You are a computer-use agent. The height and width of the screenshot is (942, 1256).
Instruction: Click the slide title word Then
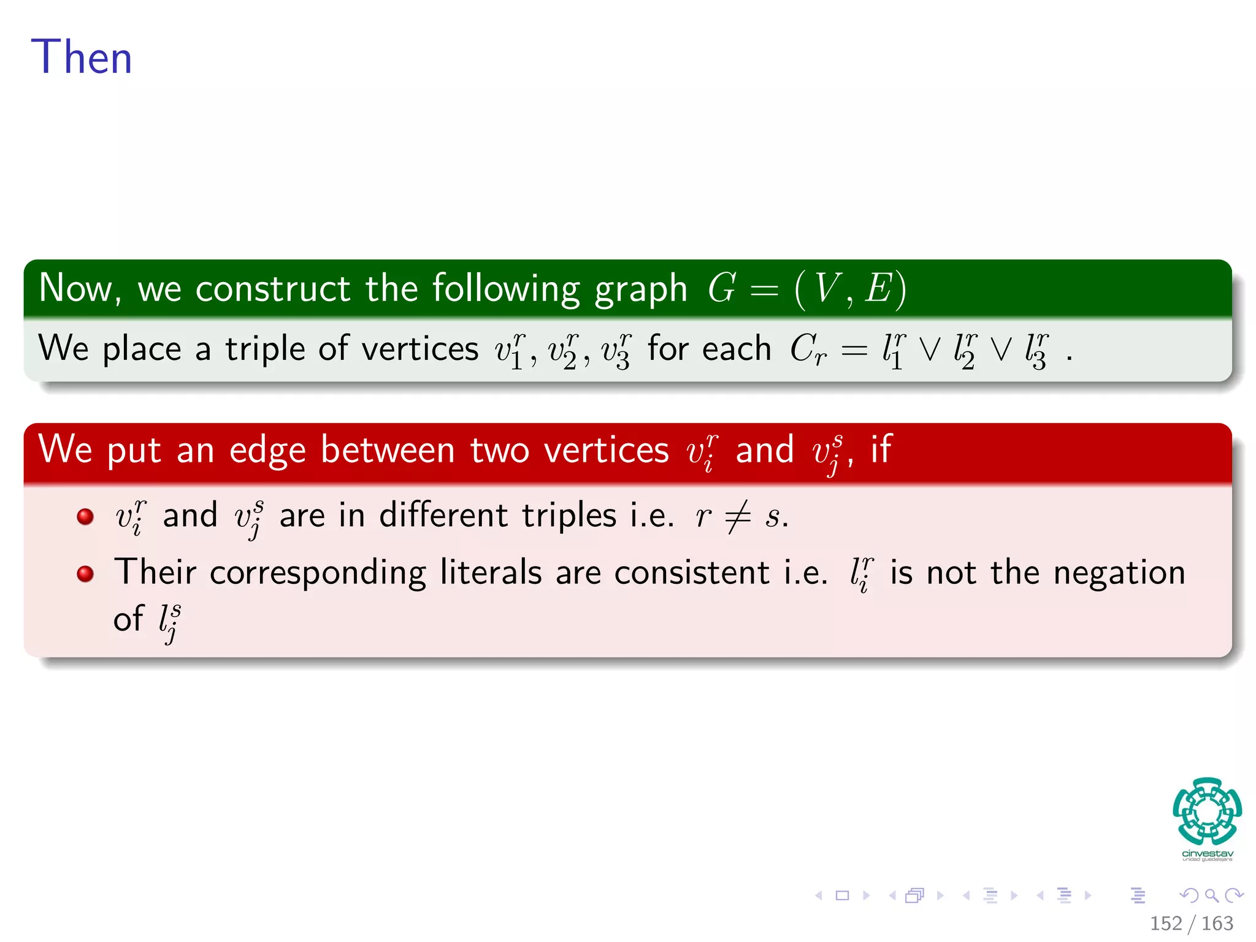coord(82,57)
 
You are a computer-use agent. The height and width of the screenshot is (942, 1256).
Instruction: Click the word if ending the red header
coord(881,449)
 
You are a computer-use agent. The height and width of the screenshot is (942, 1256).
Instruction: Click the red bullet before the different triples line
coord(85,516)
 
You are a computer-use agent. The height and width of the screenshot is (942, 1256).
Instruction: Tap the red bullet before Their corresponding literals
coord(85,573)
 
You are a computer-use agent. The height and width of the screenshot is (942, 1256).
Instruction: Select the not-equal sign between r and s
coord(737,516)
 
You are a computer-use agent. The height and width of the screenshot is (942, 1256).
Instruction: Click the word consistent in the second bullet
coord(692,573)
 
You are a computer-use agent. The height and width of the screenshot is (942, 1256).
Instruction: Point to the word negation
coord(1119,573)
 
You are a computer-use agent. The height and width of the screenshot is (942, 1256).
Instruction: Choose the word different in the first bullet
coord(443,515)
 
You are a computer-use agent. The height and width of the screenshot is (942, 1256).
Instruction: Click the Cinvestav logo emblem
coord(1207,811)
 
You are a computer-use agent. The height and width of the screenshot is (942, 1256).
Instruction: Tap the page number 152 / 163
coord(1191,923)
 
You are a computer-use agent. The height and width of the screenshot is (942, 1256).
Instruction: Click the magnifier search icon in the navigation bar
coord(1211,895)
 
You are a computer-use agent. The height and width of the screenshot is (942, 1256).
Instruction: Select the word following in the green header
coord(506,289)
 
